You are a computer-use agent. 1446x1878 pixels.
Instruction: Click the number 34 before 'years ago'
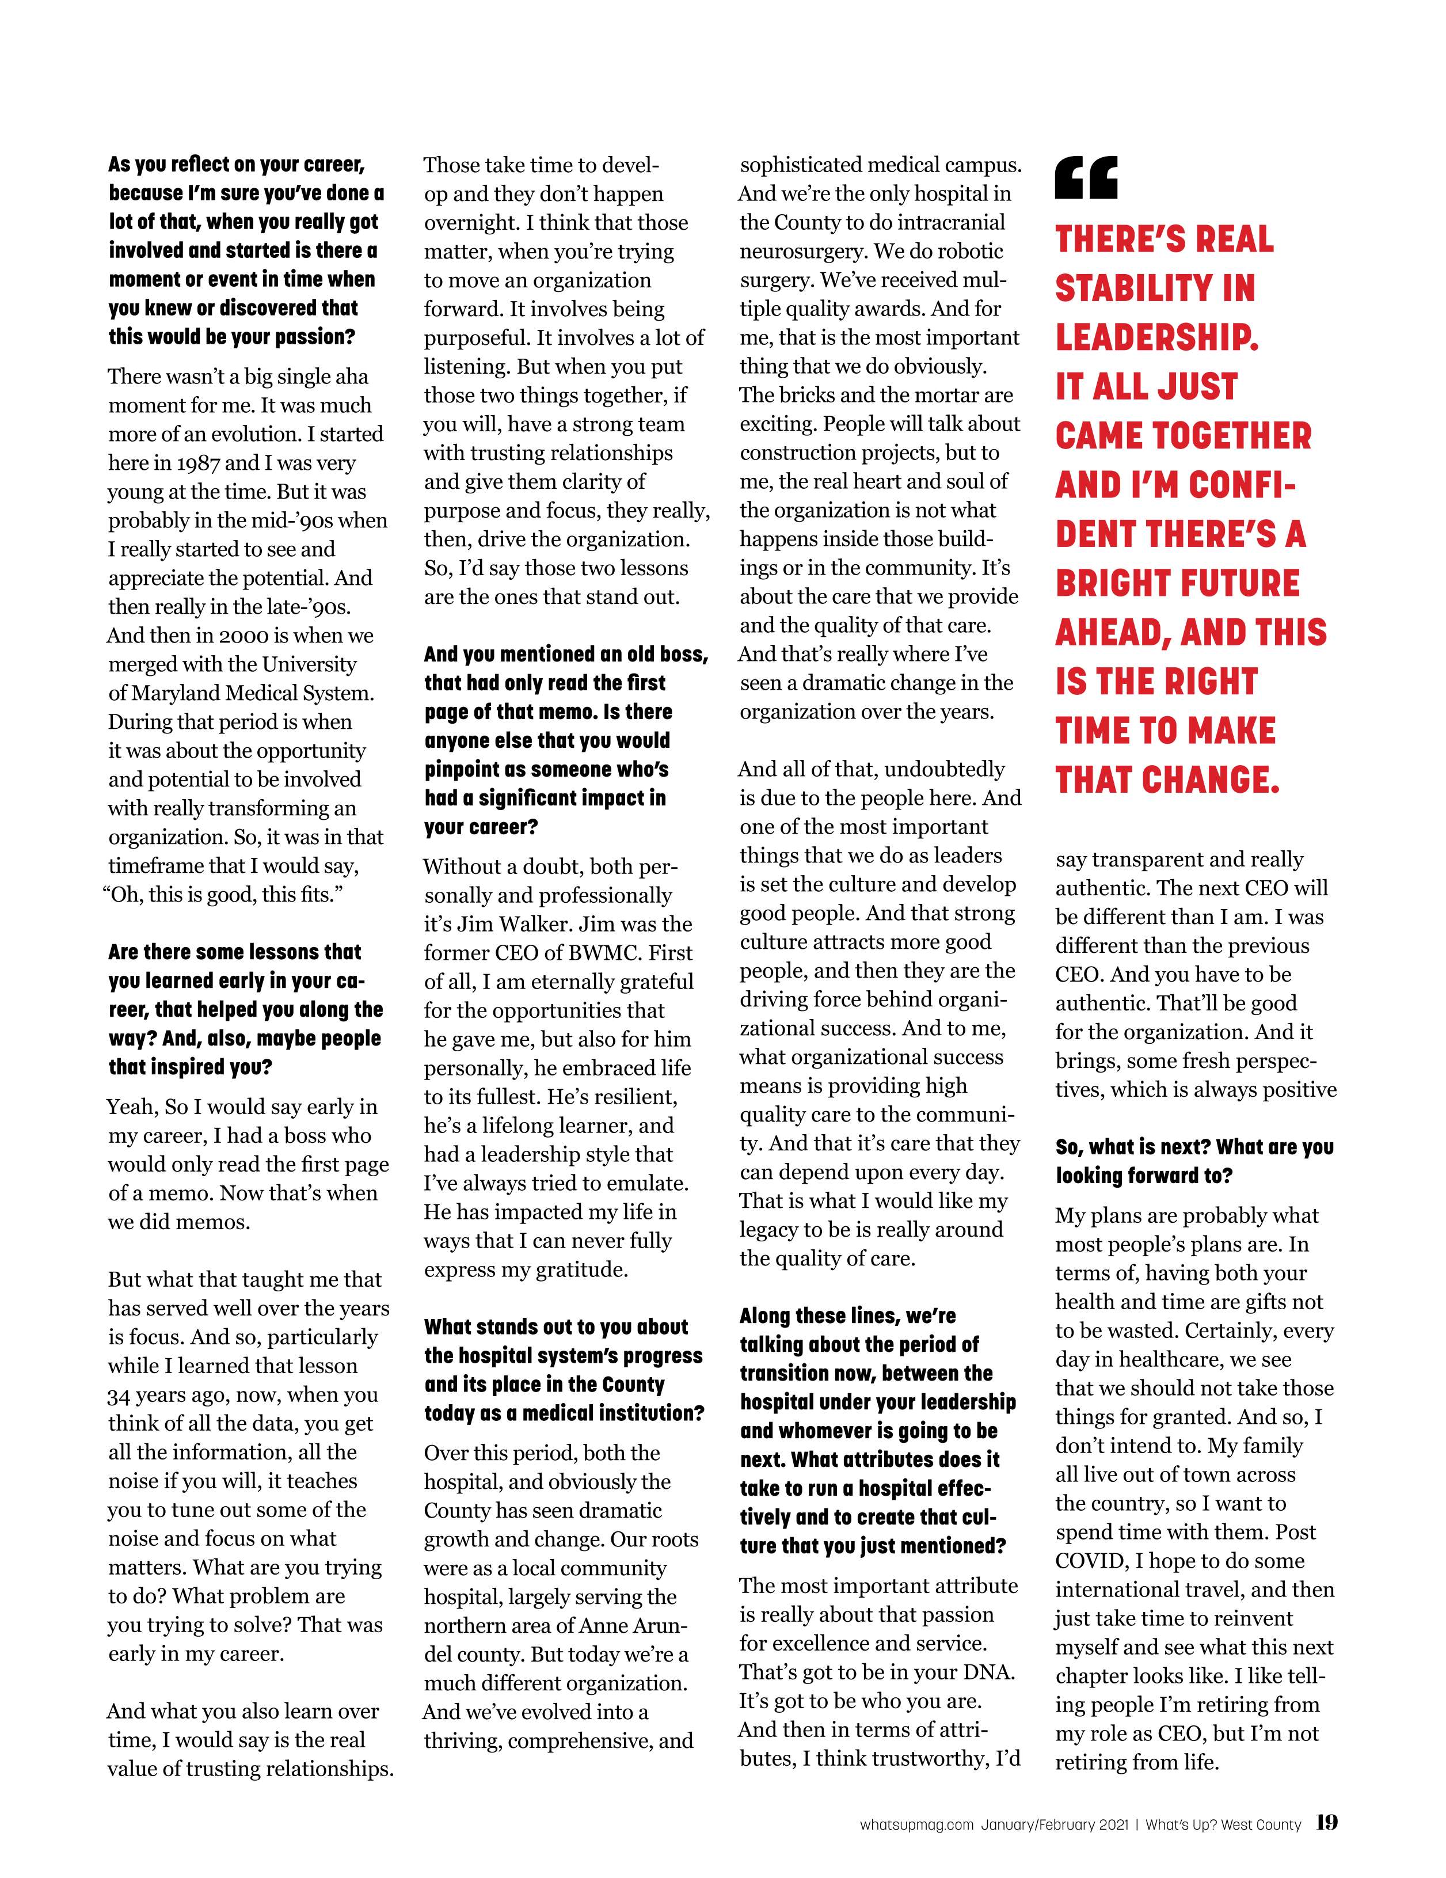(x=121, y=1395)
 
